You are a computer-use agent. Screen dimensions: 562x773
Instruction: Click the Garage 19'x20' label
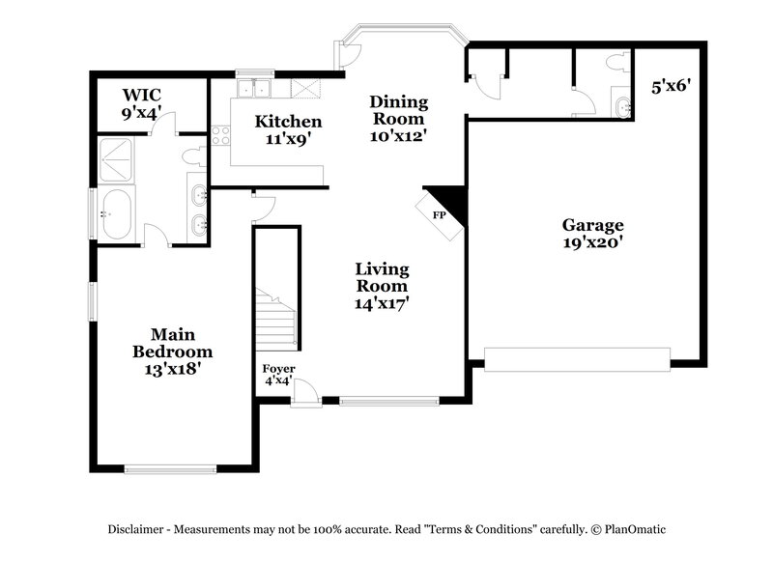click(x=593, y=235)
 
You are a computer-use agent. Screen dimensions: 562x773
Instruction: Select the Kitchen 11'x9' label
click(x=288, y=129)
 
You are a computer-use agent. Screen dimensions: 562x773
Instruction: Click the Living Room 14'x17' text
click(x=382, y=285)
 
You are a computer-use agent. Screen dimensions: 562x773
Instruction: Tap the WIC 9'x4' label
click(x=141, y=103)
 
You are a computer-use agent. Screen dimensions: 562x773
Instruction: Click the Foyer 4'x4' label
click(x=279, y=375)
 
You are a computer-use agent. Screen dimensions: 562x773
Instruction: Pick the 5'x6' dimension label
click(x=670, y=86)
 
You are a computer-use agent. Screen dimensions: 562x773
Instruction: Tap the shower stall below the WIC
click(x=117, y=158)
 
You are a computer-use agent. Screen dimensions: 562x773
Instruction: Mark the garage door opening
click(x=576, y=360)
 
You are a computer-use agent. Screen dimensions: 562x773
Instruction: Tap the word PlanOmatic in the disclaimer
click(x=635, y=529)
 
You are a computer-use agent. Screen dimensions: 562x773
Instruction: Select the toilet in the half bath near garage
click(x=616, y=63)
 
